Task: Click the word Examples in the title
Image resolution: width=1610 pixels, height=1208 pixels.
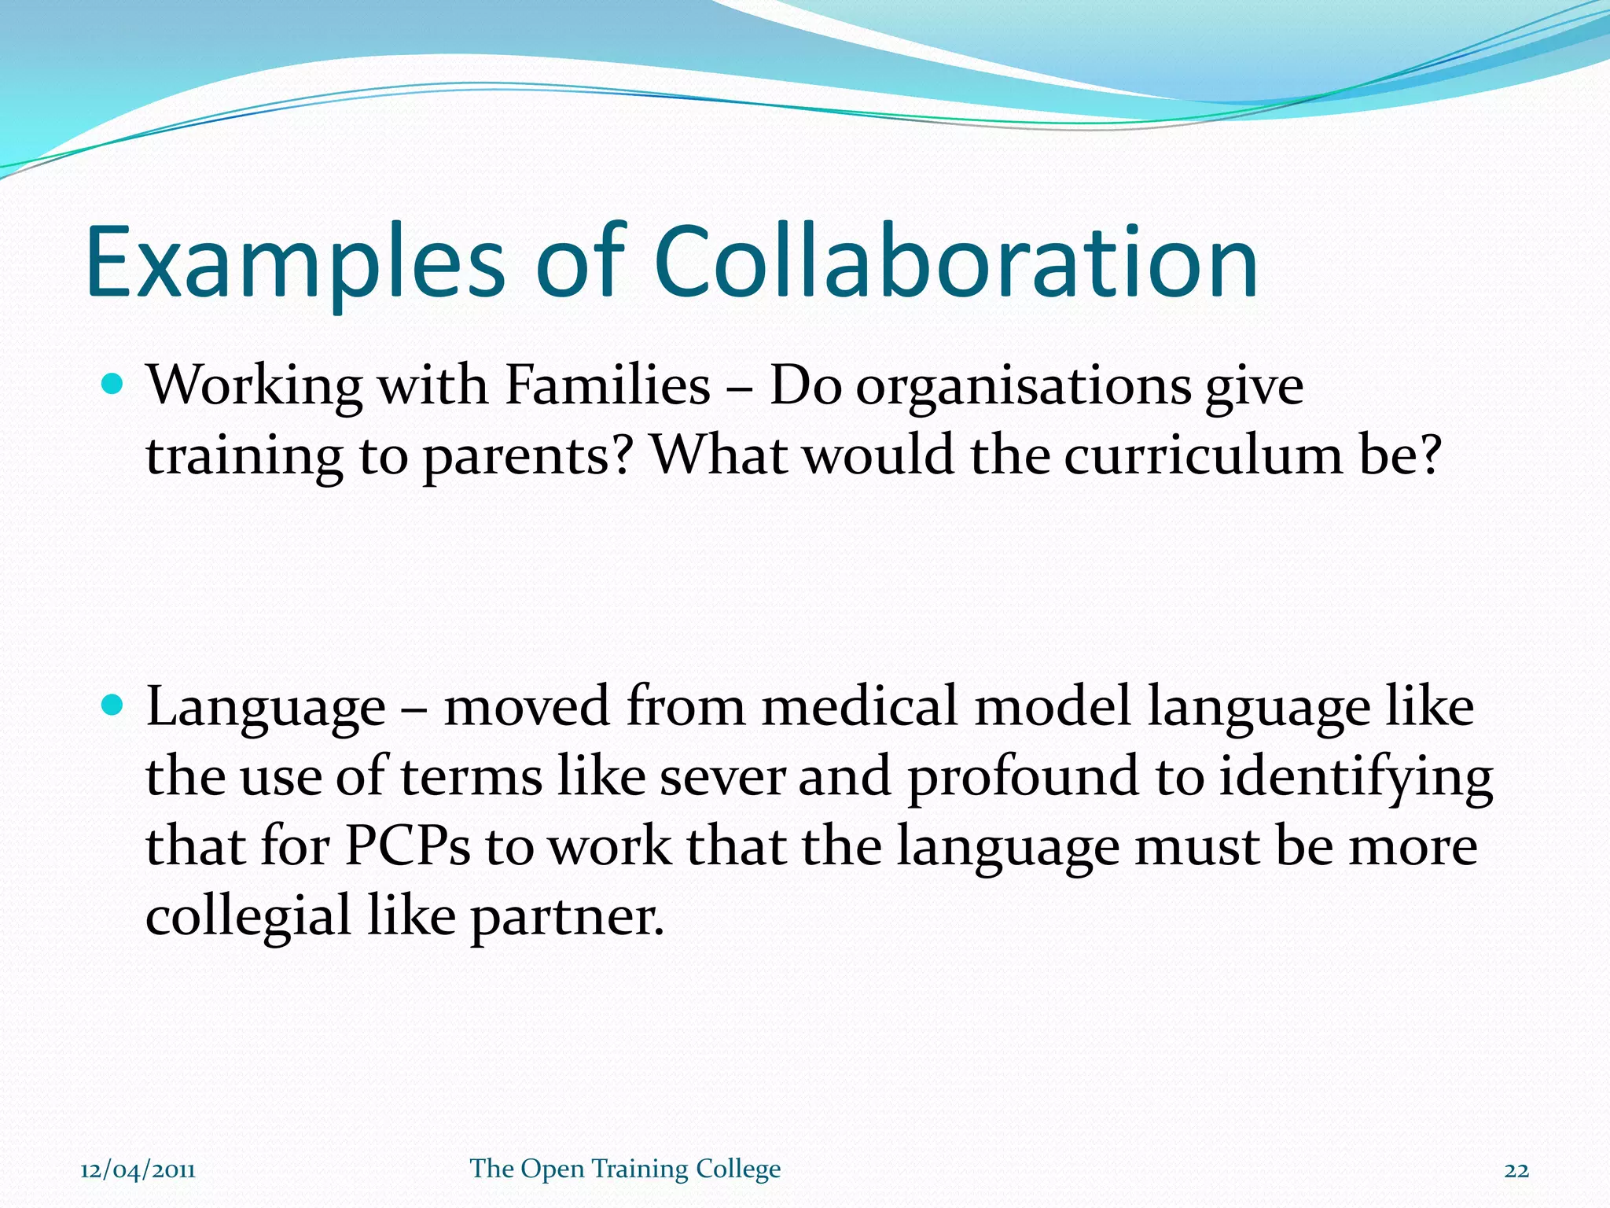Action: [x=295, y=263]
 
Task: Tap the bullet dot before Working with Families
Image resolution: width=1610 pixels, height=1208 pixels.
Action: [x=113, y=385]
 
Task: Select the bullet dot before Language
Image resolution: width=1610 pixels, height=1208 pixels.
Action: [x=113, y=705]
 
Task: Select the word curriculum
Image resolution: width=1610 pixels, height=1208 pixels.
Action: [x=1204, y=455]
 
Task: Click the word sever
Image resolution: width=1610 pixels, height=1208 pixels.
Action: [x=722, y=776]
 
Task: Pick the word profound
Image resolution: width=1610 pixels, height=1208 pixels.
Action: [x=1023, y=778]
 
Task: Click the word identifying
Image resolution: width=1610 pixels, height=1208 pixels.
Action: [x=1355, y=778]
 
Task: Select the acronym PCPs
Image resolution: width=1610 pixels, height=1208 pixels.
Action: [x=407, y=846]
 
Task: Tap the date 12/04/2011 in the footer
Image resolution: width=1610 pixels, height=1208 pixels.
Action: [x=138, y=1169]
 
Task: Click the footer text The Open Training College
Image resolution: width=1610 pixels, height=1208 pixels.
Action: [x=625, y=1169]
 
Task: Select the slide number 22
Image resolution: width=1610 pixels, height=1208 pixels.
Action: [x=1516, y=1170]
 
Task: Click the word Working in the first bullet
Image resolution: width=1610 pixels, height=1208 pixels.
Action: [x=255, y=387]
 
